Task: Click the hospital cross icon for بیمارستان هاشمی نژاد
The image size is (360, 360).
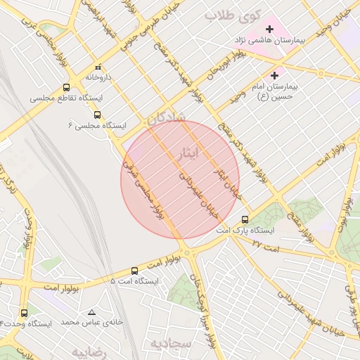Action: point(268,30)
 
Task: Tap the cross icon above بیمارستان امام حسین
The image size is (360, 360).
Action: point(274,75)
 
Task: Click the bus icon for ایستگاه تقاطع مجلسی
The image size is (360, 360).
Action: point(66,88)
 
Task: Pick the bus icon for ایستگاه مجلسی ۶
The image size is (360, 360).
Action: point(97,115)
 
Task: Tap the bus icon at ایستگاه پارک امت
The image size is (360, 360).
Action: point(245,219)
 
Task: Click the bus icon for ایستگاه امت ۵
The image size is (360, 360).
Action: point(135,271)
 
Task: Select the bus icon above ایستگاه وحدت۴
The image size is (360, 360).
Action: point(25,313)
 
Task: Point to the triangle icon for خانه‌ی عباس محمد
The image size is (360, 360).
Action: point(91,312)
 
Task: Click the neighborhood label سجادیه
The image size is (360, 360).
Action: point(171,343)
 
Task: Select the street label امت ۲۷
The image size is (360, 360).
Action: point(265,248)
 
